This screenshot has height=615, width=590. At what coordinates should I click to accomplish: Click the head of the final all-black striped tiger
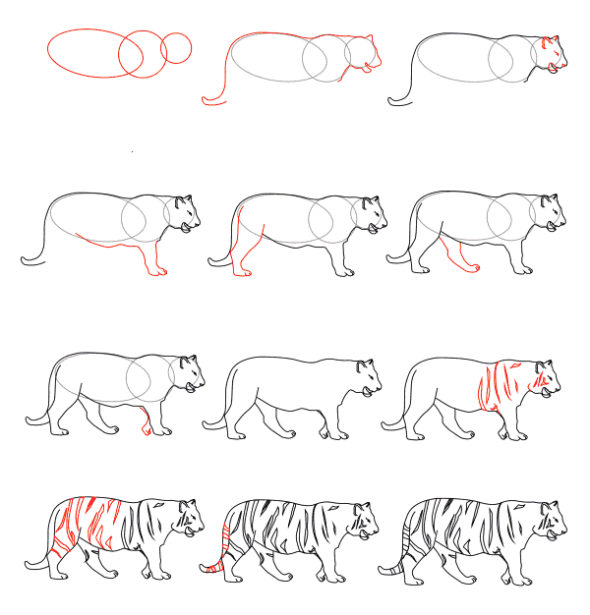point(551,521)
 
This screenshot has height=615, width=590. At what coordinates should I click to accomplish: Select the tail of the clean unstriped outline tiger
point(214,418)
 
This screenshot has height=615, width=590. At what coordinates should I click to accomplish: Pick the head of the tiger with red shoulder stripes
point(546,378)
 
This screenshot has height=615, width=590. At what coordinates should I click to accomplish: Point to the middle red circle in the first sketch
point(142,54)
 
